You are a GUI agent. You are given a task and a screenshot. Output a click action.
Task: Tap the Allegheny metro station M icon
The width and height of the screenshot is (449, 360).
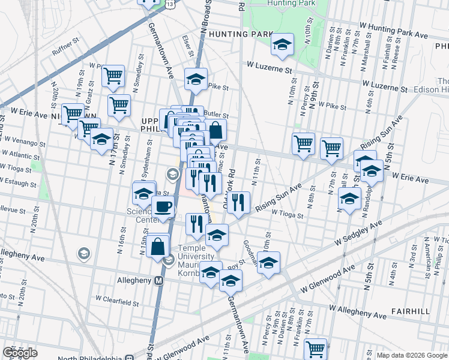[x=160, y=280]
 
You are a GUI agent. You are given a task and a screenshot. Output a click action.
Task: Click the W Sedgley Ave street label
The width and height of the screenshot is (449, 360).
[x=359, y=233]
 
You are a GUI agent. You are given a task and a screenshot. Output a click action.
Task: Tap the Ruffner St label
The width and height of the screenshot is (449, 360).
[x=66, y=47]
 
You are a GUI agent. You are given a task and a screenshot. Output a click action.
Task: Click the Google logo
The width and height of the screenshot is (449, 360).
[x=20, y=353]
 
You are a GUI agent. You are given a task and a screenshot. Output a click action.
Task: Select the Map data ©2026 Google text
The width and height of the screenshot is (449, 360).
[x=411, y=355]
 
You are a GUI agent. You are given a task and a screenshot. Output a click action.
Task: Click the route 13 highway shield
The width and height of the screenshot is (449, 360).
[x=171, y=4]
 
